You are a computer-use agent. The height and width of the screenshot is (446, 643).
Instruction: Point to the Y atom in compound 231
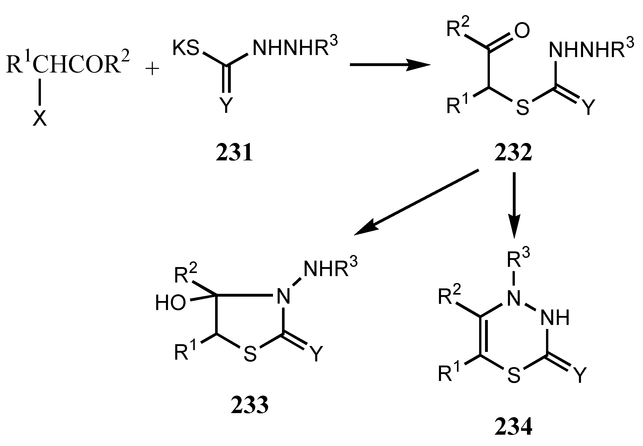[226, 105]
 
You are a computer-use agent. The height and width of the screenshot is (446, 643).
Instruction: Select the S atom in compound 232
[523, 108]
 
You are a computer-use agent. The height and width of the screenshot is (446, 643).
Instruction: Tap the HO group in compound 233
[170, 303]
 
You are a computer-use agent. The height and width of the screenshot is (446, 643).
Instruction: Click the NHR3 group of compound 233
[330, 268]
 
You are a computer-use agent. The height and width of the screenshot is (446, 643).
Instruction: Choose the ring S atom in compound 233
[250, 354]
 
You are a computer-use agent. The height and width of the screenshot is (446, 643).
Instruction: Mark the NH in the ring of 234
[555, 318]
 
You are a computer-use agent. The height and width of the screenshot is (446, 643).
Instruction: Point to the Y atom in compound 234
[579, 375]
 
